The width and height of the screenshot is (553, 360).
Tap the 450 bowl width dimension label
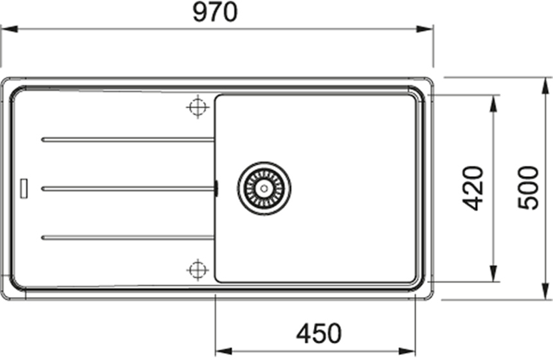tap(318, 333)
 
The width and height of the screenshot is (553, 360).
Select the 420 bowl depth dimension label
tap(473, 187)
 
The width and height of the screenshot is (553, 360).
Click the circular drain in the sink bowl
tap(264, 187)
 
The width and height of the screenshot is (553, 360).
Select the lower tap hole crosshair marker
tap(197, 269)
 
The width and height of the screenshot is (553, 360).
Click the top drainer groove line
tap(128, 139)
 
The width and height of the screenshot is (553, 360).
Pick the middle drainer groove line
tap(128, 187)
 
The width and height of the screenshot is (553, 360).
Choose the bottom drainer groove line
tap(128, 236)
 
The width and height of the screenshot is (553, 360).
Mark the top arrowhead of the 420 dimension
tap(493, 100)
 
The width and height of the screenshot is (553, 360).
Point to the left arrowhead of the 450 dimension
tap(219, 349)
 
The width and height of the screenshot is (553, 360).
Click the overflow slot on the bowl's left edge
tap(216, 187)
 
